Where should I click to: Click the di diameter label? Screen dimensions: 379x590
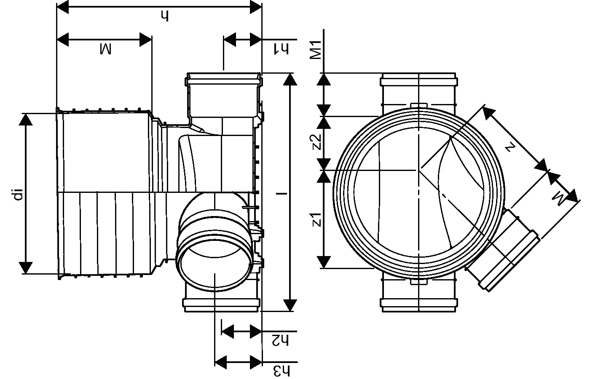click(17, 194)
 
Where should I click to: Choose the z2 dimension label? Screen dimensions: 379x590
click(317, 142)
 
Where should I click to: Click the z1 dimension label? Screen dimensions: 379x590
click(317, 220)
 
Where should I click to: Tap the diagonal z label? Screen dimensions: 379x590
click(510, 147)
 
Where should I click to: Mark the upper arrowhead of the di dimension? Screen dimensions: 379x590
click(26, 120)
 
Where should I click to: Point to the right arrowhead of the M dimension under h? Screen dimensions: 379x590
click(145, 40)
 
